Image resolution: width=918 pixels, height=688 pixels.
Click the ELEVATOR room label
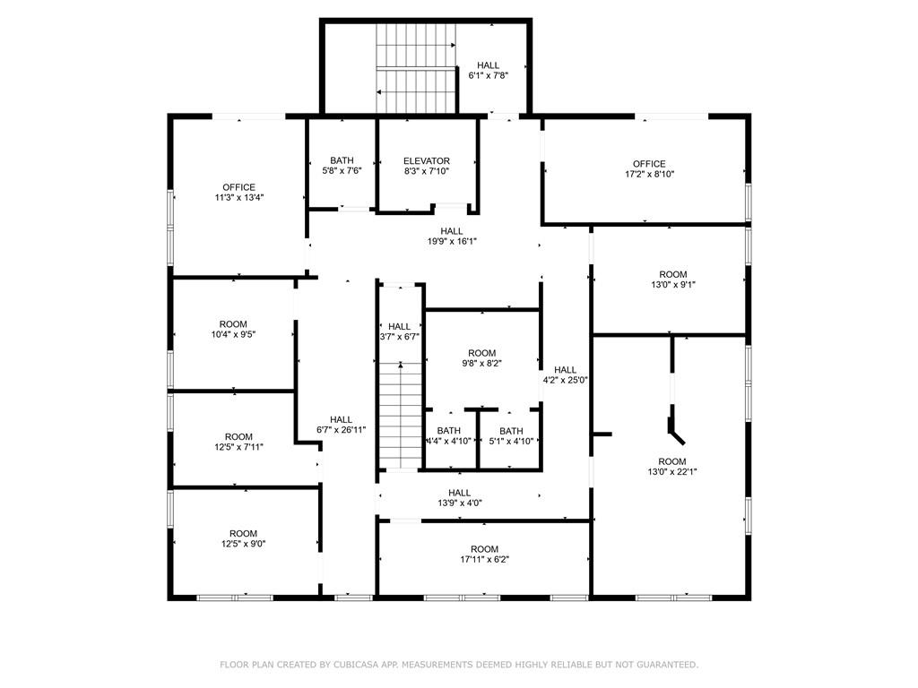pos(426,161)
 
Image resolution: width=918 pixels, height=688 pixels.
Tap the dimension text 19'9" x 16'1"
pos(452,241)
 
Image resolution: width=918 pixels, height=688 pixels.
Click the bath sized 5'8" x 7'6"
pos(342,166)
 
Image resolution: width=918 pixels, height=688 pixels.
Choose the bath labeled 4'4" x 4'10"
pos(448,436)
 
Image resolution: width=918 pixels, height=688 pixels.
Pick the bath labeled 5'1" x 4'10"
pos(511,436)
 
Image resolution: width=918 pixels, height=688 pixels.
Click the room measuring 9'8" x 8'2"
pos(481,358)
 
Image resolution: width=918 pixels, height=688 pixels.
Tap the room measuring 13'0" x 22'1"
pos(672,466)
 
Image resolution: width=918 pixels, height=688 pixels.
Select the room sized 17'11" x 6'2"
pos(485,554)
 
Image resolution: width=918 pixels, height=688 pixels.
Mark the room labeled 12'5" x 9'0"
pos(243,538)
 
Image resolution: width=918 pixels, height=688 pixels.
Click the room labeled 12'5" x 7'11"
pos(238,442)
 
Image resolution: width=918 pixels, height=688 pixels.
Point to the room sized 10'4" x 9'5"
pos(233,330)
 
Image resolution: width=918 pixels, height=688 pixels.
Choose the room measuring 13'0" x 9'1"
pos(673,279)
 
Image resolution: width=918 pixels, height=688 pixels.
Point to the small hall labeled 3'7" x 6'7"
pos(399,331)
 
